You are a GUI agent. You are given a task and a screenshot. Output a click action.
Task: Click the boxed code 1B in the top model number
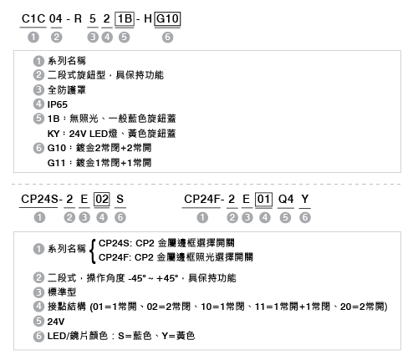coord(125,19)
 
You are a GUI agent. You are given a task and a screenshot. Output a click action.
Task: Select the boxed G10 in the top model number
coord(167,19)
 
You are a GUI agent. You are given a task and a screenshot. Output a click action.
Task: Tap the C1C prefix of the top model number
coord(33,19)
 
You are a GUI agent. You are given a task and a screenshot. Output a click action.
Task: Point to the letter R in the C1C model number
coord(78,19)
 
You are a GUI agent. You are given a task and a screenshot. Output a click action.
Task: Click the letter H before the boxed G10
coord(148,19)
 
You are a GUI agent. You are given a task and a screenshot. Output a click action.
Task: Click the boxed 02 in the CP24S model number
coord(102,200)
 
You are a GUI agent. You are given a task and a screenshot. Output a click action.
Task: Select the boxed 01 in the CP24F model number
coord(263,200)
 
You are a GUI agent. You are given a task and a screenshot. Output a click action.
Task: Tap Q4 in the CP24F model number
coord(286,200)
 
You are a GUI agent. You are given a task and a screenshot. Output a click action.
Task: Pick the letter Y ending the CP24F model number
coord(305,200)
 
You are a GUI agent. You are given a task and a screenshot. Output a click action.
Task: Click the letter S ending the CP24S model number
coord(120,200)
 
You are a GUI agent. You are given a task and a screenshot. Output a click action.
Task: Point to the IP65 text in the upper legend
coord(58,104)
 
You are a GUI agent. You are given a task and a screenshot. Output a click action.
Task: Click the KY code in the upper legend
coord(54,134)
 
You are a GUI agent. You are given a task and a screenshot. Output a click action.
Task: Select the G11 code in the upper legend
coord(56,163)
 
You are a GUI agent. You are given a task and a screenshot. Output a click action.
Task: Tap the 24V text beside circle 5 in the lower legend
coord(56,322)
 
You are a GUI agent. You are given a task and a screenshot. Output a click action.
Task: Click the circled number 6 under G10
coord(167,37)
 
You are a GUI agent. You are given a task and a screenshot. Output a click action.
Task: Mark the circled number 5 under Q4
coord(285,217)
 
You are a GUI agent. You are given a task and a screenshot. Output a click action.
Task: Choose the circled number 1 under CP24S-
coord(39,217)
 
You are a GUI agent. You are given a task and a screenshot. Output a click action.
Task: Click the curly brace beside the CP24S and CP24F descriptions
coord(93,251)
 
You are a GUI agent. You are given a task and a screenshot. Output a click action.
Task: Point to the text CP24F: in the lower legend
coord(115,257)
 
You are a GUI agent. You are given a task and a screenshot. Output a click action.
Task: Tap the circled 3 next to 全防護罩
coord(38,90)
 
